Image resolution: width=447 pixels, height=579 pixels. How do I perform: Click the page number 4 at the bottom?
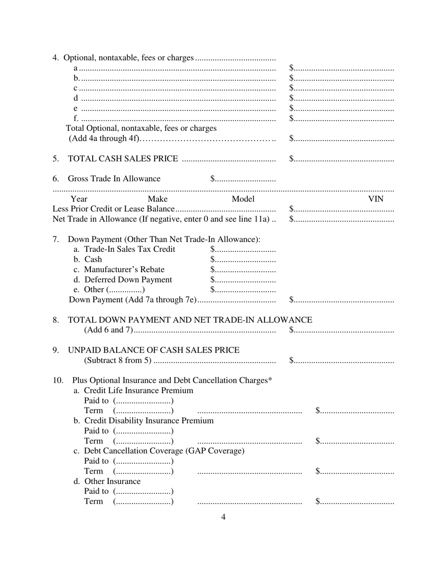tap(223, 517)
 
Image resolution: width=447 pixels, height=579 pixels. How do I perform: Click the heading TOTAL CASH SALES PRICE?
tap(123, 159)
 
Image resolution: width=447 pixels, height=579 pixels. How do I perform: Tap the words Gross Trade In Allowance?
tap(114, 179)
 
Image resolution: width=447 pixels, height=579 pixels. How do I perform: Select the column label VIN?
tap(375, 199)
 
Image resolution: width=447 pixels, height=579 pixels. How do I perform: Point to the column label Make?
tap(158, 199)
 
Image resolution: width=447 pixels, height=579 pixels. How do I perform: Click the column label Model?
tap(243, 199)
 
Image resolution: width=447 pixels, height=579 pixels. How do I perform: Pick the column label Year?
tap(79, 199)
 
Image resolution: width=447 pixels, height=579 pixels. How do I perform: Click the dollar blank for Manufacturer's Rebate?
tap(243, 270)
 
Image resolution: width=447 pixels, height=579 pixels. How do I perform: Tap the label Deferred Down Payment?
tap(123, 280)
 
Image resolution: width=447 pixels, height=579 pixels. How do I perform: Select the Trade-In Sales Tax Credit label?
tap(124, 249)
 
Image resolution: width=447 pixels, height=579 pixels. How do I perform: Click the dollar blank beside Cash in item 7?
tap(243, 259)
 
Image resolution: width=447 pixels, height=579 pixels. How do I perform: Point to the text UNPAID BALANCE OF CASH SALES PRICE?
tap(154, 350)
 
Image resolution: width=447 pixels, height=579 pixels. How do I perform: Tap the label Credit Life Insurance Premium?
tap(134, 391)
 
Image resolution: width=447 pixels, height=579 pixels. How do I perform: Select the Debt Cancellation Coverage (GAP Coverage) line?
tap(159, 451)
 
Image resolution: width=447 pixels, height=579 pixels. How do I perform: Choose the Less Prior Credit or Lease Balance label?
tap(113, 209)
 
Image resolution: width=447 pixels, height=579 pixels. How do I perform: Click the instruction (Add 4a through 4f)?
tap(104, 138)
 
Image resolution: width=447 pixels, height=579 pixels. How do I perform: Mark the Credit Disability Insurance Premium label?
tap(144, 421)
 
